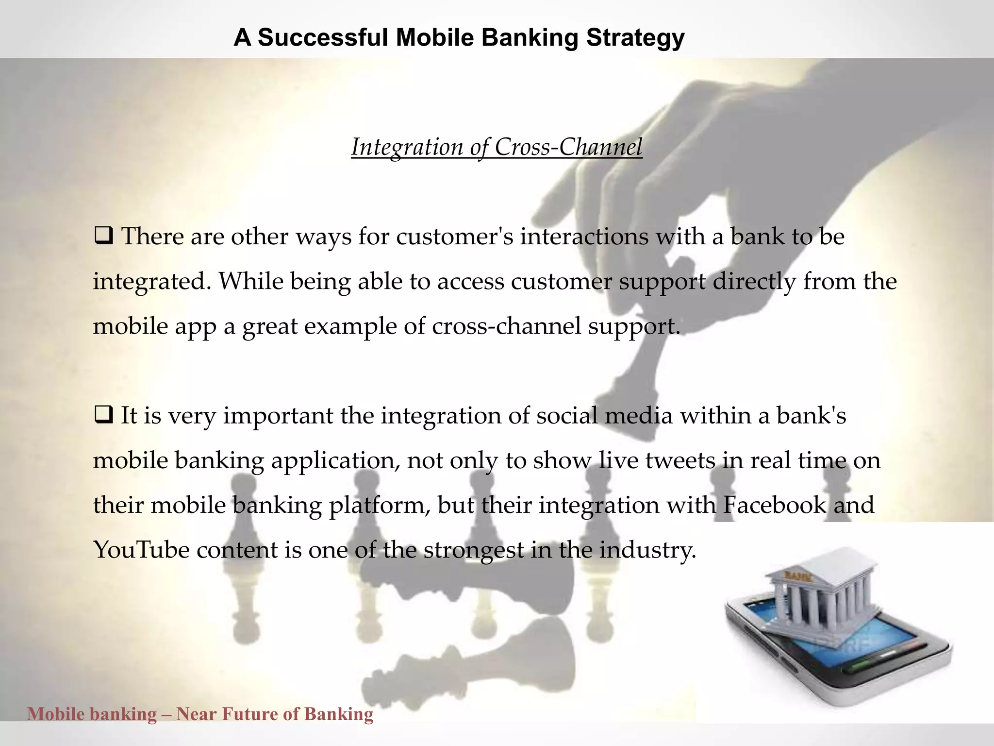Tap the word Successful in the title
322,37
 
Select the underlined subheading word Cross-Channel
568,147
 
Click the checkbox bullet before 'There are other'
103,237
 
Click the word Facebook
774,505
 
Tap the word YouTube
141,550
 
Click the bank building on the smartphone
820,597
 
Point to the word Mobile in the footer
56,714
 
